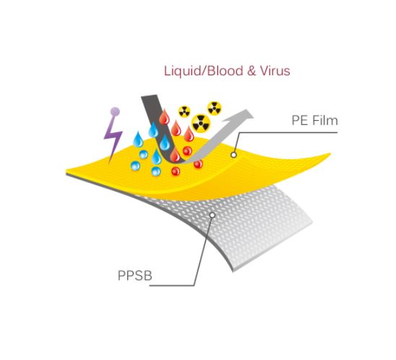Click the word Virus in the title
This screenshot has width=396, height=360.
[275, 71]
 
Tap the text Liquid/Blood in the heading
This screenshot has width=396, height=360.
[204, 71]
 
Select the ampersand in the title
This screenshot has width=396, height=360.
[251, 71]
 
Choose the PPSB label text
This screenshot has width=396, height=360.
[135, 275]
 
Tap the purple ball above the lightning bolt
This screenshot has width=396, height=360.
[115, 111]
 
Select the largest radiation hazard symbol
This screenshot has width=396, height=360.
[201, 123]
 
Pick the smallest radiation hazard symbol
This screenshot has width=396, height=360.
[184, 111]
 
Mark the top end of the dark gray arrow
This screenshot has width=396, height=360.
[150, 95]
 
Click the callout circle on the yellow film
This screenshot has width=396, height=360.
[234, 155]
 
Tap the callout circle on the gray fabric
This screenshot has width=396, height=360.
[212, 215]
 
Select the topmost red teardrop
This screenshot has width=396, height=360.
[164, 116]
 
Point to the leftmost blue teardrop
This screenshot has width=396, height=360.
[138, 140]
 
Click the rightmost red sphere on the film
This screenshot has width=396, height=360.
[198, 164]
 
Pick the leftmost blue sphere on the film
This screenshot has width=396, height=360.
[135, 166]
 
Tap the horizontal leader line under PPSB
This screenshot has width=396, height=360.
[172, 286]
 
